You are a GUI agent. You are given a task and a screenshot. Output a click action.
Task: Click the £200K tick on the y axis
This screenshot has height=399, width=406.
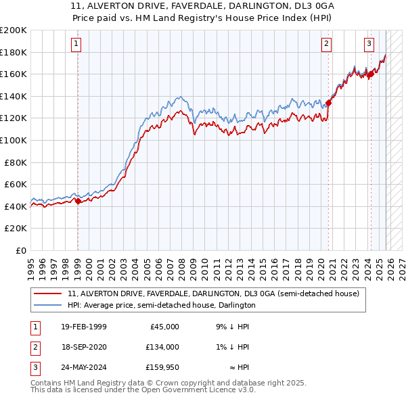point(14,30)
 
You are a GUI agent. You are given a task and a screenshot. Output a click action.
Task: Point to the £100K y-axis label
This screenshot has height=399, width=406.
point(14,140)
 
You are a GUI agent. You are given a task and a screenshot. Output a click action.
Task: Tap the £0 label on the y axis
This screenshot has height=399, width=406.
point(21,250)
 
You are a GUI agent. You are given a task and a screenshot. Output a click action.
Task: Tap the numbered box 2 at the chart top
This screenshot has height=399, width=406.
point(326,45)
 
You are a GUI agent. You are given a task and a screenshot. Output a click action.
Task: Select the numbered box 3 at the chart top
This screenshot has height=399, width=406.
point(369,45)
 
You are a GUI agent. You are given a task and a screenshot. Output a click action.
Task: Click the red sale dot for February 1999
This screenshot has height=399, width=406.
point(78,201)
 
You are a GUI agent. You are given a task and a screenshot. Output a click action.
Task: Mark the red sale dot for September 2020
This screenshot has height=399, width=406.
point(329,103)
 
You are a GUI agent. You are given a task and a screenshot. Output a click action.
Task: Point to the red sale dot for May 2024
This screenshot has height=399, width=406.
point(371,74)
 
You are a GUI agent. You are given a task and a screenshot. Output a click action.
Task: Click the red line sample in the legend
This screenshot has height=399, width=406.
point(49,294)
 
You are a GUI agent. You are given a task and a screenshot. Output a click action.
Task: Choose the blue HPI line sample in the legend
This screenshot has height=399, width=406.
point(49,306)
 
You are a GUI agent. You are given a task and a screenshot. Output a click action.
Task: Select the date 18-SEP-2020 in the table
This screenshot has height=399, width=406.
point(84,347)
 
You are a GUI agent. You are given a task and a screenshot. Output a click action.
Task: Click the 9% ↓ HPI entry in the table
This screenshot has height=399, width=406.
point(232,327)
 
